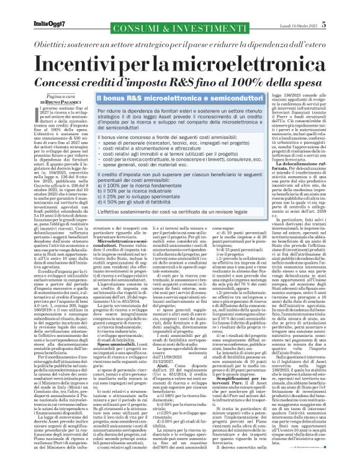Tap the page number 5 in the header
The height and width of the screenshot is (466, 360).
click(x=341, y=7)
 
